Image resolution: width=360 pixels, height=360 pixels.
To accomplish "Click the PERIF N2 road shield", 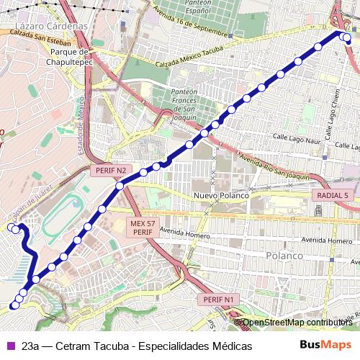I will pyautogui.click(x=111, y=171).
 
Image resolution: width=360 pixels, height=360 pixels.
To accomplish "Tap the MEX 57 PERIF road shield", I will pyautogui.click(x=142, y=228).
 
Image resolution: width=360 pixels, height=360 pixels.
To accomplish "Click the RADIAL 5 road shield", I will pyautogui.click(x=332, y=195).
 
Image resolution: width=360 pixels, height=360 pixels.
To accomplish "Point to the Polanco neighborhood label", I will pyautogui.click(x=286, y=256).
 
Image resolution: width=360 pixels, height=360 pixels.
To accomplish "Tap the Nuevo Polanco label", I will pyautogui.click(x=221, y=196).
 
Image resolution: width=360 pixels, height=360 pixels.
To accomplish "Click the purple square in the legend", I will pyautogui.click(x=9, y=346).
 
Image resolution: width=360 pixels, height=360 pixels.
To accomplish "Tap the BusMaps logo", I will pyautogui.click(x=325, y=345).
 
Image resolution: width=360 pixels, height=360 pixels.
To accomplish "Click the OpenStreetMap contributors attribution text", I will pyautogui.click(x=297, y=323).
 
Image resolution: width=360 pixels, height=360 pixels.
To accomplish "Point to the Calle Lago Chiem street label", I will pyautogui.click(x=329, y=115).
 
